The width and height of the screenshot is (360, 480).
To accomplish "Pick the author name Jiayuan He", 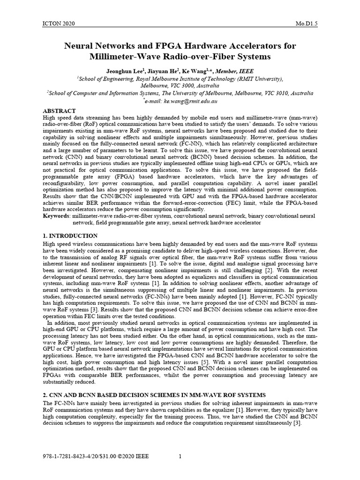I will (x=161, y=71).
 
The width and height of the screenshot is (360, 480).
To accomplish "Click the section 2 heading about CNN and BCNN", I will (x=154, y=395).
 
